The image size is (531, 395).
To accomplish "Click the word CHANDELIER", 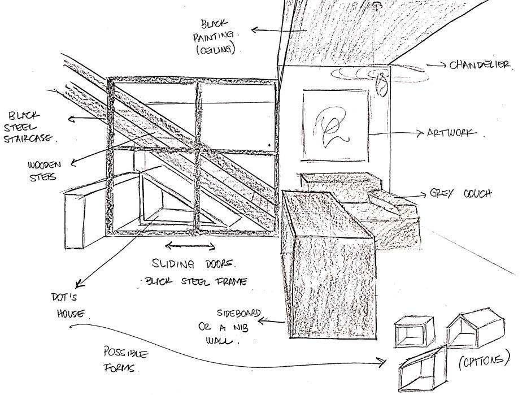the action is click(480, 65).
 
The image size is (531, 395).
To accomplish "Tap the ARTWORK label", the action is click(452, 133).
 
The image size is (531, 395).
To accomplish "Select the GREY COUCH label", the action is click(460, 194).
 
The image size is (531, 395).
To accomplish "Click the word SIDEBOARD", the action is click(240, 313).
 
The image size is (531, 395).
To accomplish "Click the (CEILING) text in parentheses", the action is click(215, 50).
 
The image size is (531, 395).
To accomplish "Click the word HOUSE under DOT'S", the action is click(70, 313).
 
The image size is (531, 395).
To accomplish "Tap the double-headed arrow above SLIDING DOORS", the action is click(190, 246).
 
